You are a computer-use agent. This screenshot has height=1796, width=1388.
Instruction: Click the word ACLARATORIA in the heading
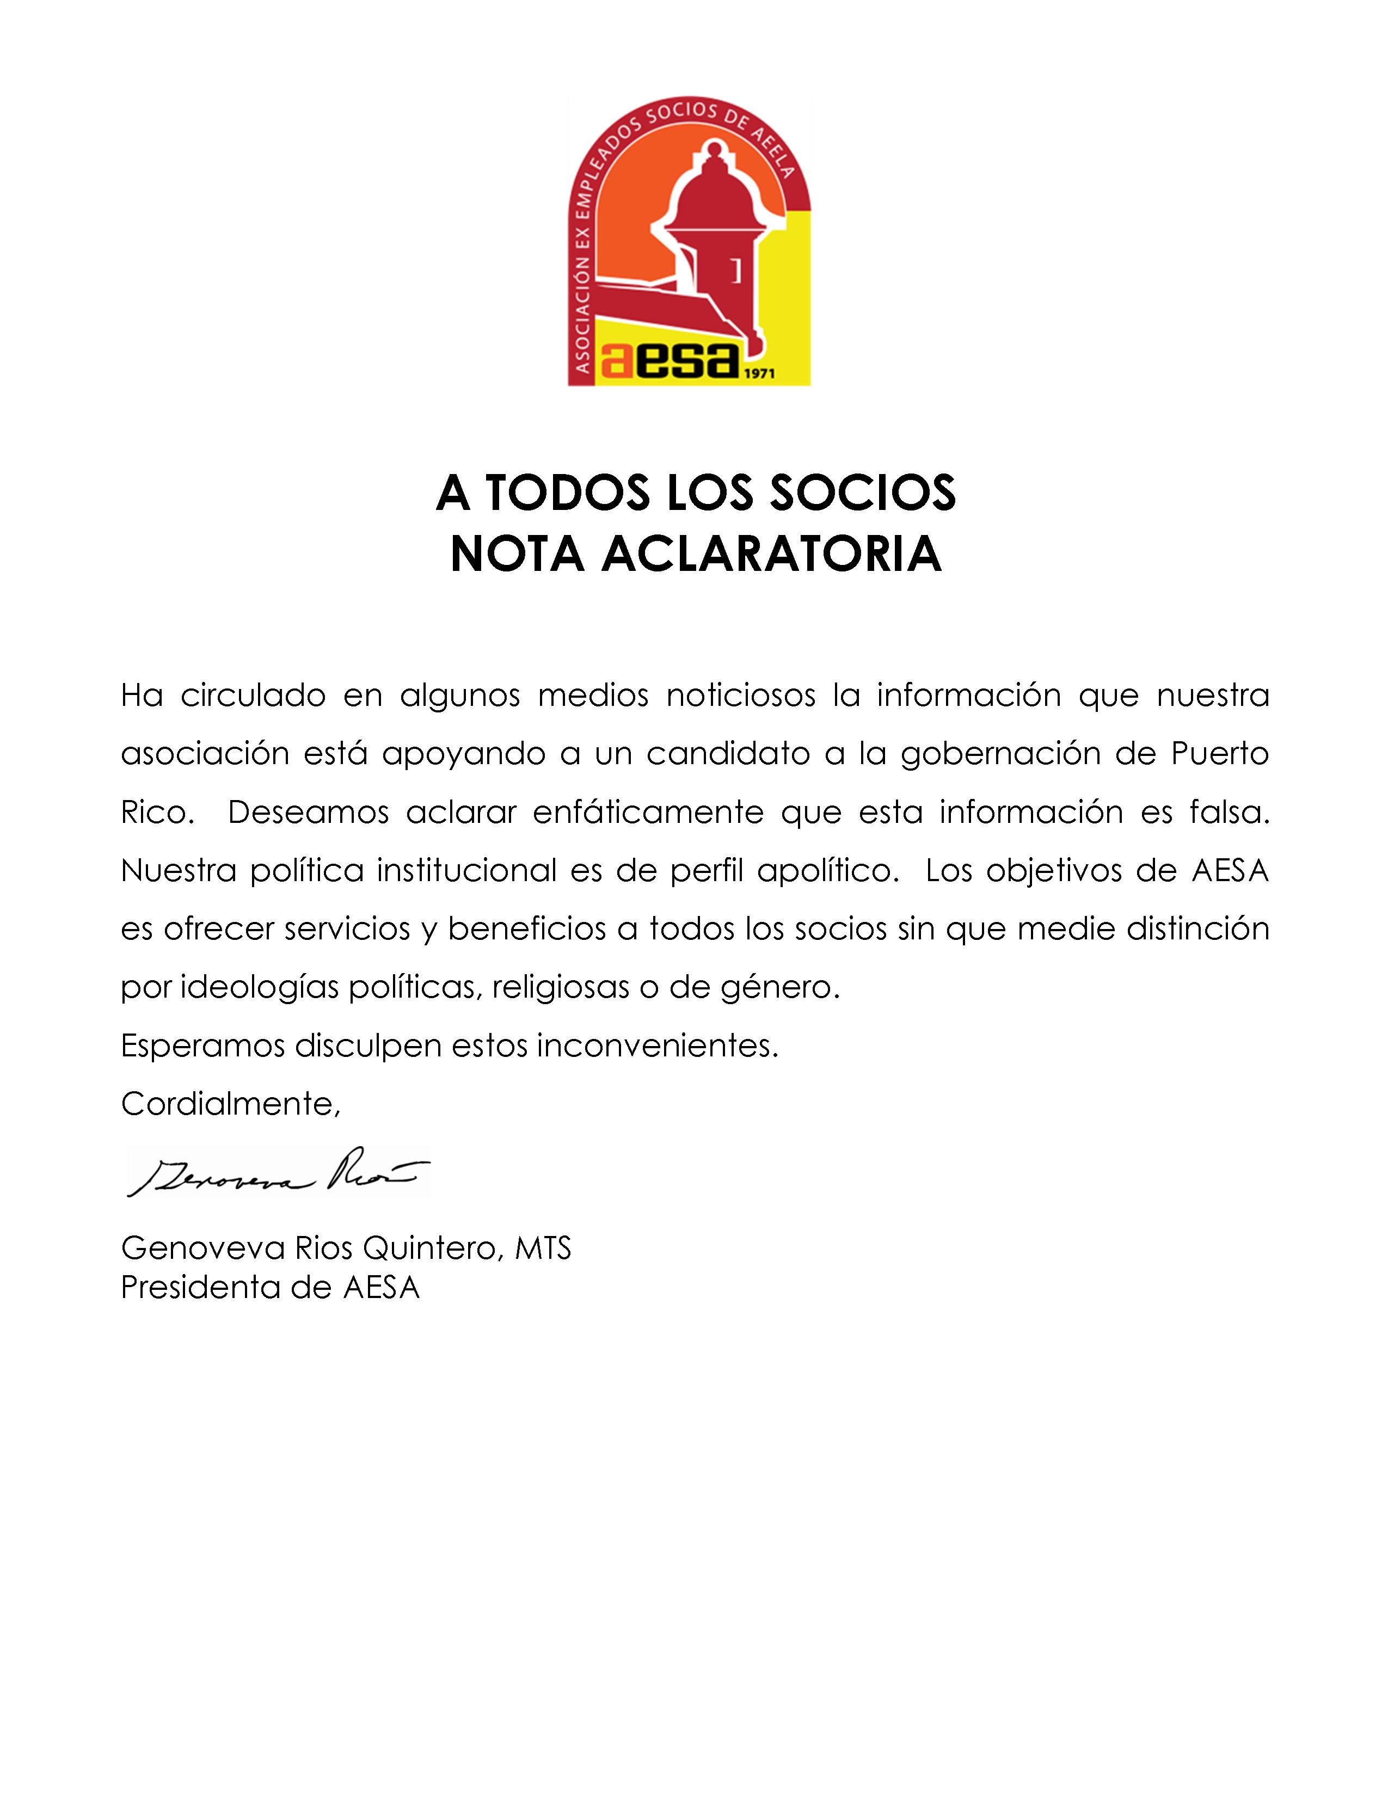click(771, 554)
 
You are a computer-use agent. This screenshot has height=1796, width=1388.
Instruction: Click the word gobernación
click(1000, 754)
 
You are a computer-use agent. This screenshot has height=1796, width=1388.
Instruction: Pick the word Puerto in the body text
click(1220, 754)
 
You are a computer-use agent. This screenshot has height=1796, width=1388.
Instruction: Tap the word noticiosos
click(740, 696)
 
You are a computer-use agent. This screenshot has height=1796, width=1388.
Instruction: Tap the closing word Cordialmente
click(230, 1104)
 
